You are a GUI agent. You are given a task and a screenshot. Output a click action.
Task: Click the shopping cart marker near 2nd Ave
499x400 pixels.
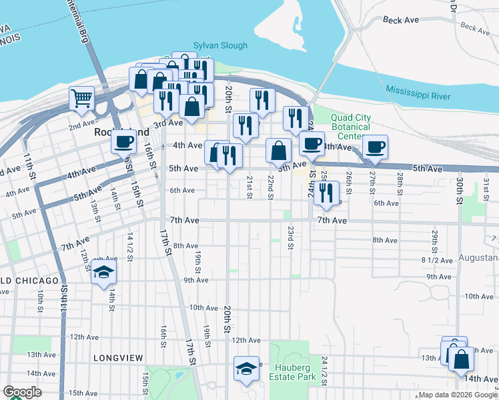[x=82, y=99]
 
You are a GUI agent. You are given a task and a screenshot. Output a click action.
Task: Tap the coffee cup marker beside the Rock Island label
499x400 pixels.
[x=123, y=141]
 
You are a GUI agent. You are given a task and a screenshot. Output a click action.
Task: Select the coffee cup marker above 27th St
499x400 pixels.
[x=375, y=147]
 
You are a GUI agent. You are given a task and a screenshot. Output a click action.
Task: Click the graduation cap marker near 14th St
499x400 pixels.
[x=103, y=271]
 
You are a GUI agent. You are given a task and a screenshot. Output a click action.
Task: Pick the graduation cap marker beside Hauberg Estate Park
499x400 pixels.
[x=246, y=368]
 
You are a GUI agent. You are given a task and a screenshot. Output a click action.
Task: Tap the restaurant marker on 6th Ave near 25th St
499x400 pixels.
[x=326, y=192]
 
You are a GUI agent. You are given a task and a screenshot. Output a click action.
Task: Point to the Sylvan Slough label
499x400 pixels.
[x=220, y=46]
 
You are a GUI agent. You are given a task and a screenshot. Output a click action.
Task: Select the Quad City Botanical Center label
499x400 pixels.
[x=350, y=127]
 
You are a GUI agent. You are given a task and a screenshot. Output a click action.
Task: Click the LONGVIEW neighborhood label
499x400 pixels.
[x=118, y=358]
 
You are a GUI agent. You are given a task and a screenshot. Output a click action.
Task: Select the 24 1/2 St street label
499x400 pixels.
[x=324, y=369]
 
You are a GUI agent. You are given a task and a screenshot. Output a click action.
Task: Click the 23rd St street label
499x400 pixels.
[x=291, y=237]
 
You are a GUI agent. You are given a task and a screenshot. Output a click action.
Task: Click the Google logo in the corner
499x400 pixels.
[x=22, y=392]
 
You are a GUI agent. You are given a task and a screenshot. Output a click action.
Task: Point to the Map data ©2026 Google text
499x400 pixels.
[x=457, y=395]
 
